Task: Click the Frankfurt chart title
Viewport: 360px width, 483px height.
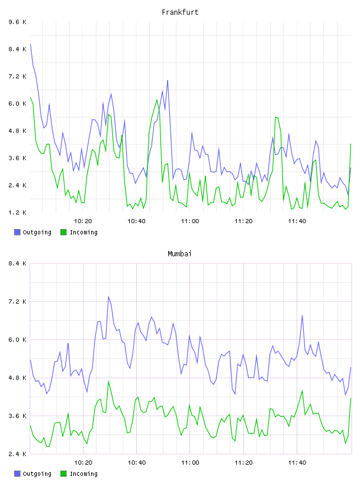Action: [x=180, y=12]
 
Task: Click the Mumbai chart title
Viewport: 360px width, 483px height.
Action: [x=179, y=254]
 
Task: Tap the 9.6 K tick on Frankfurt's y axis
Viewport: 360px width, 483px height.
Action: [x=18, y=22]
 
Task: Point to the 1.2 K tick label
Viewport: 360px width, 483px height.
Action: [x=18, y=212]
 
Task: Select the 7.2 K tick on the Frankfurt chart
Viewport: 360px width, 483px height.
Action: [x=18, y=76]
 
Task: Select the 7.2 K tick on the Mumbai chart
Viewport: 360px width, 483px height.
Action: [x=18, y=301]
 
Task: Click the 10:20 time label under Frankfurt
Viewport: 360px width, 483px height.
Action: [x=83, y=221]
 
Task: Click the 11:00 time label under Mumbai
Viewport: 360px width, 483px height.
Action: [x=190, y=463]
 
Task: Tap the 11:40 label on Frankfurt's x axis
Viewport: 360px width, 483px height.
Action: [x=297, y=221]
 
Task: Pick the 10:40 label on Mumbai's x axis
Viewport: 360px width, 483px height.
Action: [x=137, y=463]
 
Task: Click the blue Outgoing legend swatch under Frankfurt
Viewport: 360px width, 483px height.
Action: [x=17, y=232]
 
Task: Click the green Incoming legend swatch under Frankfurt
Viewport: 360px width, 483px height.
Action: [x=63, y=232]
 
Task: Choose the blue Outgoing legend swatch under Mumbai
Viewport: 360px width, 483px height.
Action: [x=17, y=474]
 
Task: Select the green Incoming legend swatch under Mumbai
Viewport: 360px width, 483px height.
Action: [x=63, y=474]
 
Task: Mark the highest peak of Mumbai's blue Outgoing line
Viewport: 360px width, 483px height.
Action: [x=108, y=297]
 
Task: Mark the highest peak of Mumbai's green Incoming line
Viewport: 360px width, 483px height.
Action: [x=108, y=381]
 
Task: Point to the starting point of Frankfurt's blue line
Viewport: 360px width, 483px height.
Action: [x=30, y=44]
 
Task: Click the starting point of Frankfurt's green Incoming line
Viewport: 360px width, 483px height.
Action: [x=30, y=97]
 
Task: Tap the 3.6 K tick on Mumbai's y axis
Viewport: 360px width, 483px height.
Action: [x=18, y=416]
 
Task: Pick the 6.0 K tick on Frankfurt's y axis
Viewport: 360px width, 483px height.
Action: [x=18, y=104]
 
